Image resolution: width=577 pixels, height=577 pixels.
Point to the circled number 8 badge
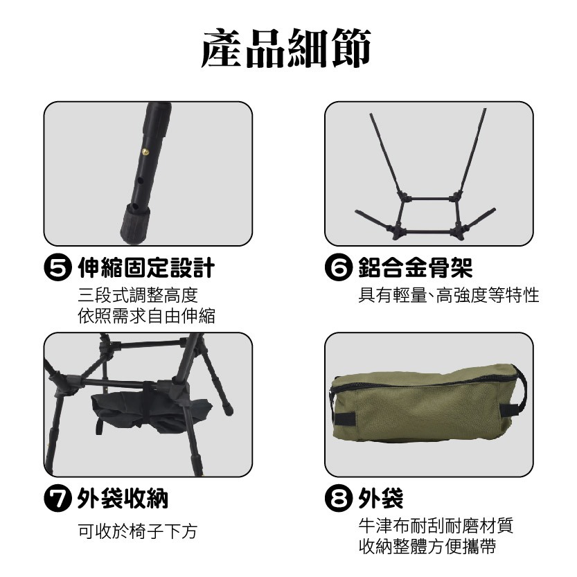tap(340, 498)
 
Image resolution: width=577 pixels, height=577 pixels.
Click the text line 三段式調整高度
tap(138, 296)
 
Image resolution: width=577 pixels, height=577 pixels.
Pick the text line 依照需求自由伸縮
tap(146, 317)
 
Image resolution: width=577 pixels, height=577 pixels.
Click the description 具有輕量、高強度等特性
tap(448, 296)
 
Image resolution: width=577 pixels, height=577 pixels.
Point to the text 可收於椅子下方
tap(138, 532)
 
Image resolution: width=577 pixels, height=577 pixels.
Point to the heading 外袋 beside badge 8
tap(381, 498)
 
